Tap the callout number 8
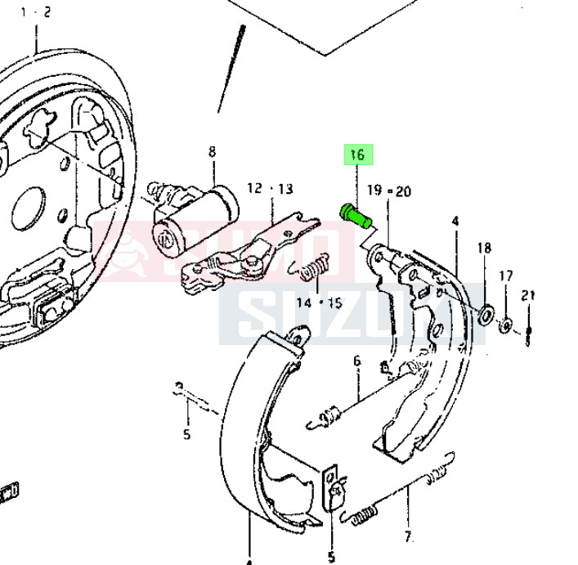tap(212, 151)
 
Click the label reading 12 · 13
tap(269, 189)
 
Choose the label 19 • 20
tap(388, 191)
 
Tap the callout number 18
tap(484, 249)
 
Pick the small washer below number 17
tap(505, 325)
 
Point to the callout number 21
tap(528, 296)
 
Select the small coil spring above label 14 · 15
tap(315, 268)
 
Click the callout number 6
tap(356, 361)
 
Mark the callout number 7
tap(408, 537)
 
